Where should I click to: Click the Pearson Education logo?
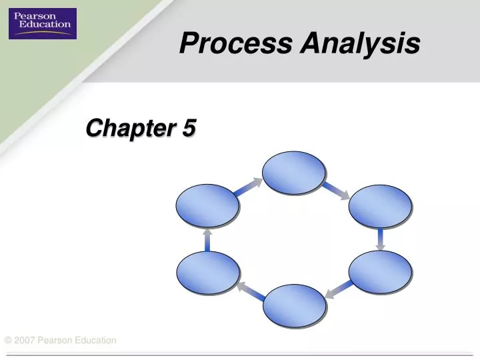point(42,23)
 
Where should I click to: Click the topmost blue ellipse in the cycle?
point(293,173)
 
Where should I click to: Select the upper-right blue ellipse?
point(380,205)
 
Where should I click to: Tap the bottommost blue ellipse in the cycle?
point(294,305)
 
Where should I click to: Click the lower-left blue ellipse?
point(207,272)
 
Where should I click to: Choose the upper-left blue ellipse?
point(207,205)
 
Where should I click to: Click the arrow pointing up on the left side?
point(207,239)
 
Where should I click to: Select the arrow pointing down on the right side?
point(380,239)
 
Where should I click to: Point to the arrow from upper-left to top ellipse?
point(249,187)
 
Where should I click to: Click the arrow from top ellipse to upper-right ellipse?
point(337,189)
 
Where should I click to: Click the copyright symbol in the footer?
point(8,341)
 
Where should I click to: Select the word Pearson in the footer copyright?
point(54,341)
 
